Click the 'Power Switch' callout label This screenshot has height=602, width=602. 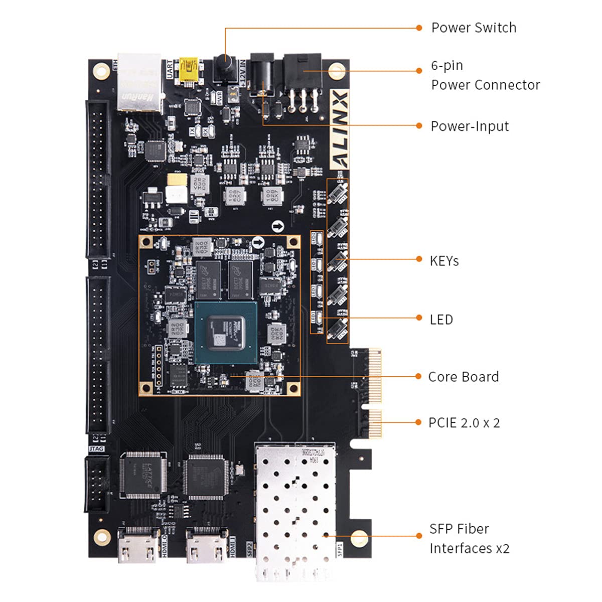[x=473, y=28]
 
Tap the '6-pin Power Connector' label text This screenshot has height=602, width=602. [x=485, y=75]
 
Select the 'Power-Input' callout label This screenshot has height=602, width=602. [x=470, y=126]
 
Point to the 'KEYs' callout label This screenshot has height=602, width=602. [x=444, y=261]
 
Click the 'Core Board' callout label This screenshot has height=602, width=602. [x=463, y=377]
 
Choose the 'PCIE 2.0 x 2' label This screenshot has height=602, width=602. [x=464, y=423]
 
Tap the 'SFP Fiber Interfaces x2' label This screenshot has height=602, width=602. [x=469, y=539]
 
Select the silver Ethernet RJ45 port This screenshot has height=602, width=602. [x=139, y=83]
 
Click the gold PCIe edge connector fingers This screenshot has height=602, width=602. [x=374, y=391]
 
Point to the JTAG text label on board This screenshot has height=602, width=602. [x=96, y=448]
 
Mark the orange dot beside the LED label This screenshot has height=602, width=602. [x=419, y=318]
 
